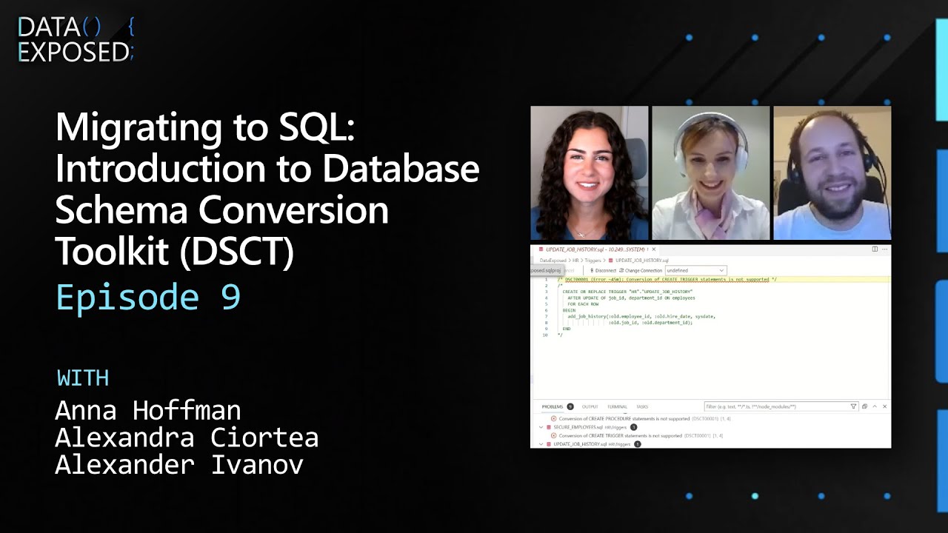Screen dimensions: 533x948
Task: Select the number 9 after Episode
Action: (x=230, y=297)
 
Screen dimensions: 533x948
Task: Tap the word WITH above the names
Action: (x=83, y=378)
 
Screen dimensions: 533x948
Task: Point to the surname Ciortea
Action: (x=264, y=438)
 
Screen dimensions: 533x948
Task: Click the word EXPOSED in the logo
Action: (x=73, y=52)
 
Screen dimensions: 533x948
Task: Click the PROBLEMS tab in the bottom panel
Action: (x=553, y=406)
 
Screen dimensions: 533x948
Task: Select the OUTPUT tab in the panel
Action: (x=590, y=406)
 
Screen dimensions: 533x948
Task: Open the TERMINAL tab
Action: (x=617, y=406)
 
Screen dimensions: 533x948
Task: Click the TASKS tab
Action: (x=642, y=406)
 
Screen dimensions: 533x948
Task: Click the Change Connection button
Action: (x=643, y=270)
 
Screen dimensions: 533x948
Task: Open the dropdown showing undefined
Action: (x=695, y=270)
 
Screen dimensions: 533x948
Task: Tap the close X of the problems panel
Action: (x=884, y=406)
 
